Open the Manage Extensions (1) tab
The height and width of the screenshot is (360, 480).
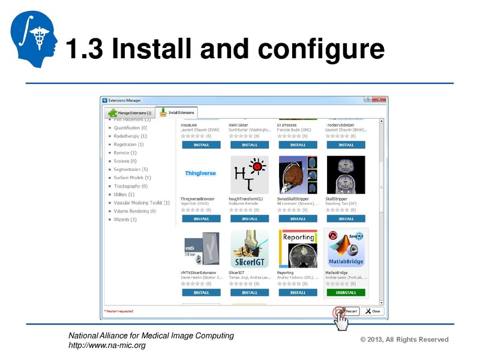click(x=130, y=113)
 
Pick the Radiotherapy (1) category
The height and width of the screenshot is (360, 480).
click(x=130, y=136)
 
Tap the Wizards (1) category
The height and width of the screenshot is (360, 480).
click(x=125, y=220)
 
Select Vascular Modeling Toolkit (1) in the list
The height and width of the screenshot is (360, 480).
click(x=142, y=203)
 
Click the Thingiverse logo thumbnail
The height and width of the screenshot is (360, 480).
click(x=200, y=173)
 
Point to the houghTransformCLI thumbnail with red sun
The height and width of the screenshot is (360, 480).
click(x=249, y=174)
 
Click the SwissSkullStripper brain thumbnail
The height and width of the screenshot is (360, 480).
click(x=297, y=174)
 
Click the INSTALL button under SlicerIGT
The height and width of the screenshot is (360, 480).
click(x=249, y=293)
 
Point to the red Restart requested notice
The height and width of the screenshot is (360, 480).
click(x=119, y=311)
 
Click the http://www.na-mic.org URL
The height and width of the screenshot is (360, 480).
click(x=107, y=346)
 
